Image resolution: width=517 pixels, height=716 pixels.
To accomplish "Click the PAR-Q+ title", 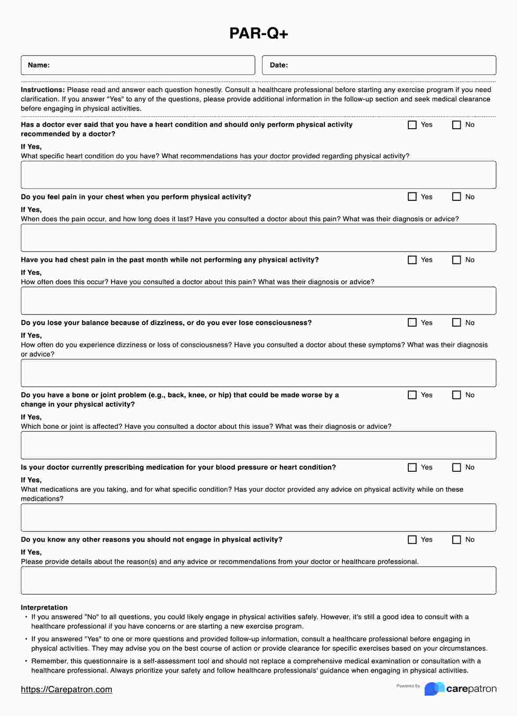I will coord(258,33).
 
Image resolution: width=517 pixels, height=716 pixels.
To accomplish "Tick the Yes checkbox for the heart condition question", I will coord(412,125).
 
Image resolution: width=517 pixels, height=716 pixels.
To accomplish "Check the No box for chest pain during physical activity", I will coord(456,197).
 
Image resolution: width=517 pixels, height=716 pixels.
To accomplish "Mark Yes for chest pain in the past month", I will coord(412,260).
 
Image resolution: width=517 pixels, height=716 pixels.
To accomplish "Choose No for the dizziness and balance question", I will coord(456,322).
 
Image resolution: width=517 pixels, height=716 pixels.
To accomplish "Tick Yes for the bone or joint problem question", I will coord(412,395).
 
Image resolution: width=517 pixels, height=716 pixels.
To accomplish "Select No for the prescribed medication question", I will coord(456,467).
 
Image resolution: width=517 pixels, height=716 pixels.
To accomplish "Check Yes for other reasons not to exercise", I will coord(412,539).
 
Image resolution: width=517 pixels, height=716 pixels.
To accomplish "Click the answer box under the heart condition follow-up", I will coord(258,175).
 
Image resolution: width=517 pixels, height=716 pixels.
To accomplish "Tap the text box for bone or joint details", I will coord(258,445).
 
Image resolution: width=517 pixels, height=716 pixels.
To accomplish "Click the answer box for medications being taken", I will coord(258,517).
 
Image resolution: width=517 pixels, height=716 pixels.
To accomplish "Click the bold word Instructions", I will coord(43,90).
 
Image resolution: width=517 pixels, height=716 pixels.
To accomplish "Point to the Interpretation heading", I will coord(44,608).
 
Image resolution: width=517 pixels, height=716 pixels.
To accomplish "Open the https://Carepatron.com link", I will coord(66,689).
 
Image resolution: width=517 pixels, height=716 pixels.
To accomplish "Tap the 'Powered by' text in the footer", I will coord(408,686).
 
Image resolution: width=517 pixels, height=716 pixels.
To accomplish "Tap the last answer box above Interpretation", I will coord(258,580).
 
